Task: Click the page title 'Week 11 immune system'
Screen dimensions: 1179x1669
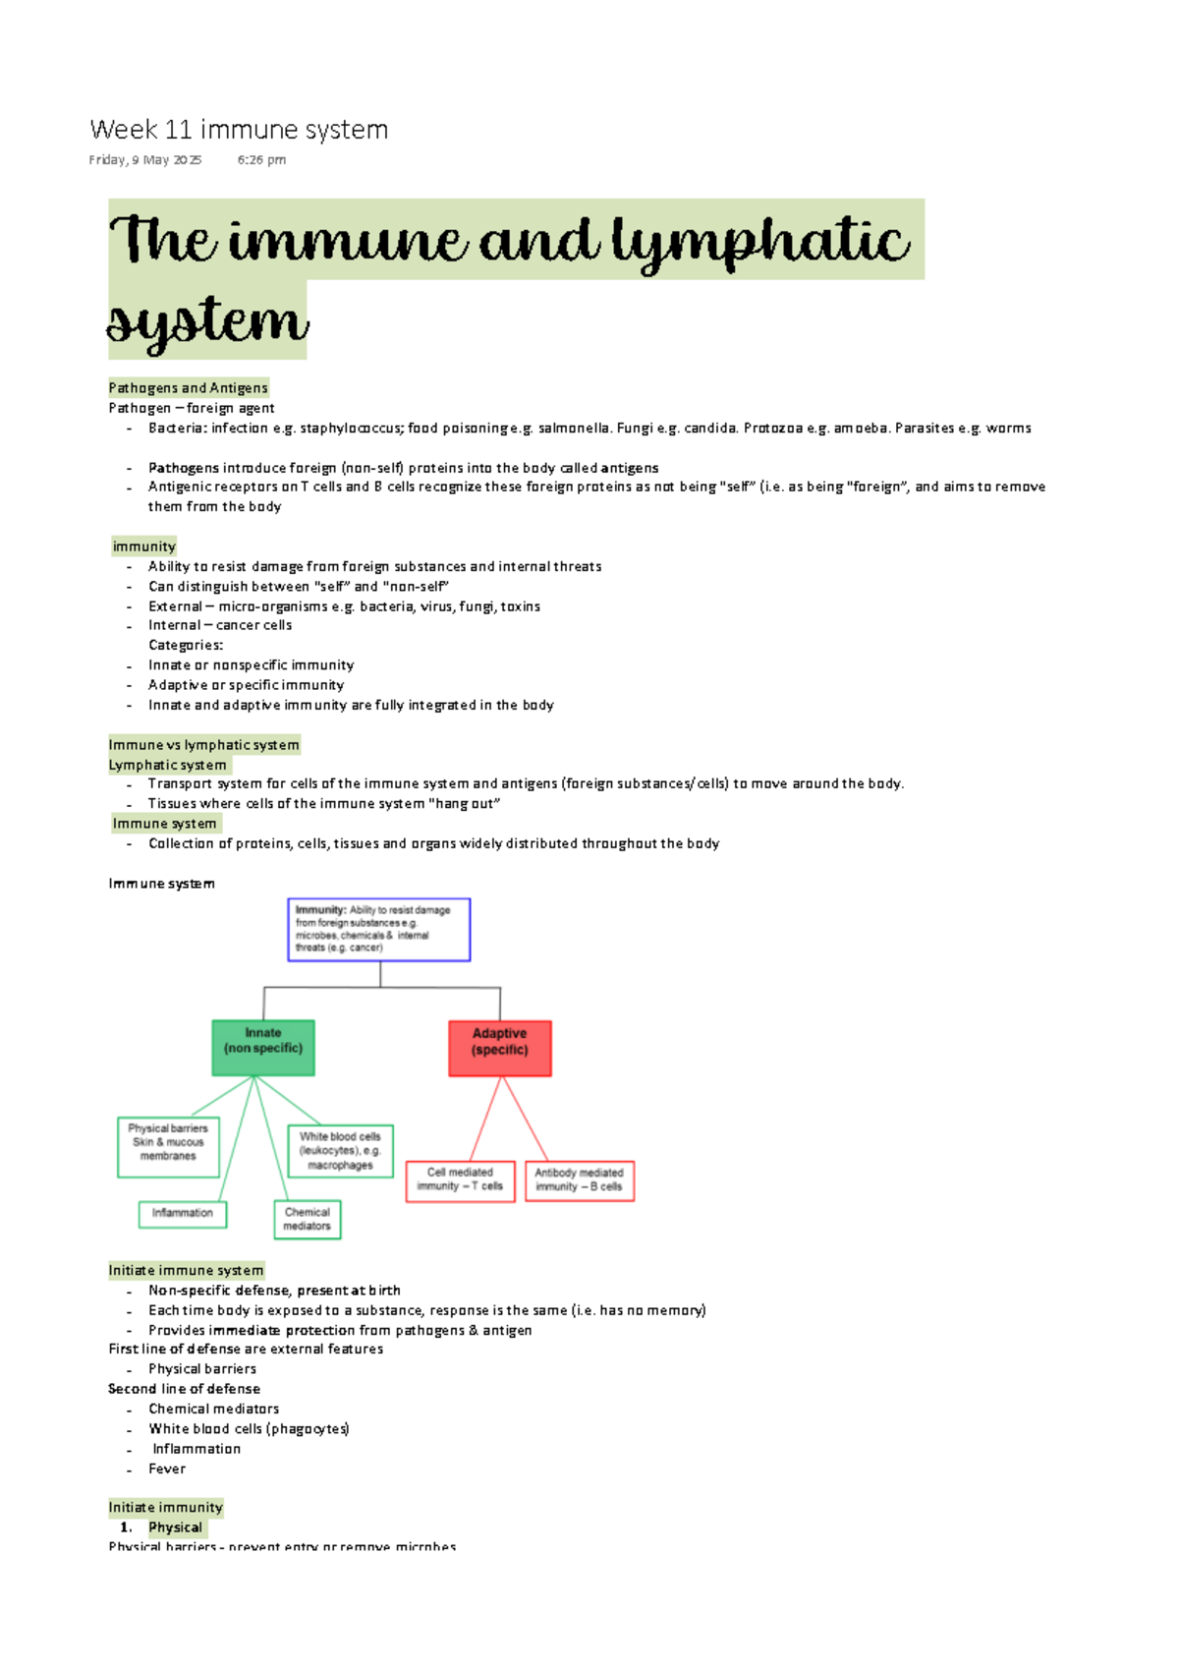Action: (239, 130)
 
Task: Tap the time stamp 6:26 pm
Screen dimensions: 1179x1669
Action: (261, 160)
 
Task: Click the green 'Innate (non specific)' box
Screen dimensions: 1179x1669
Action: (263, 1047)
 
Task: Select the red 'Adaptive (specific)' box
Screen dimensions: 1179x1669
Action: (500, 1048)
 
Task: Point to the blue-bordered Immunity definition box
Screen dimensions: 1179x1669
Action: (379, 929)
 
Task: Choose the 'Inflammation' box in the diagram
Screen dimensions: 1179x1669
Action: (183, 1214)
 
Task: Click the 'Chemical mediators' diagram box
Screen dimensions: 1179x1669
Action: (308, 1219)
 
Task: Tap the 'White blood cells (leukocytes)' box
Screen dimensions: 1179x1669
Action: (341, 1151)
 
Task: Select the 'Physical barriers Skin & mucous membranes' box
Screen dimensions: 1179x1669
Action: (168, 1146)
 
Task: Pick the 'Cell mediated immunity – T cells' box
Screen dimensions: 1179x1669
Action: (460, 1180)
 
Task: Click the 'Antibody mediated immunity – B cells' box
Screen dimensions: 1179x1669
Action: (580, 1180)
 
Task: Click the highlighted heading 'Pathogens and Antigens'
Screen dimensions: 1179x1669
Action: (188, 388)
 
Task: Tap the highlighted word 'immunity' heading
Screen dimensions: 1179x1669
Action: (144, 547)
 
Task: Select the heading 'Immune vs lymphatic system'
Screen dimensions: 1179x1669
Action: (203, 745)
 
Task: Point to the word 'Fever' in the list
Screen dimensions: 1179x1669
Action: (167, 1469)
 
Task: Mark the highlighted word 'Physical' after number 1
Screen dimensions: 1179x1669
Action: (176, 1528)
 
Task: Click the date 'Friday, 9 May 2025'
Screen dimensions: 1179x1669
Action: (145, 160)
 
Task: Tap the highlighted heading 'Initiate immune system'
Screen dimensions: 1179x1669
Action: (186, 1271)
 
